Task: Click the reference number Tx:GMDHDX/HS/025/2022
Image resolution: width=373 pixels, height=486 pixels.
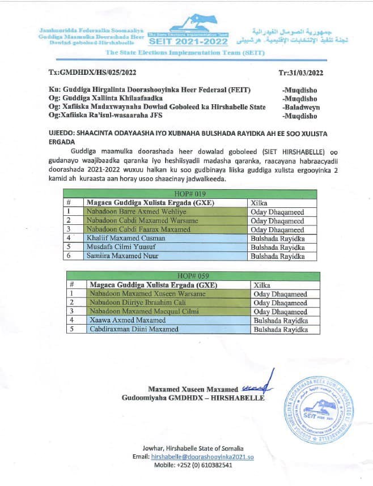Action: click(93, 73)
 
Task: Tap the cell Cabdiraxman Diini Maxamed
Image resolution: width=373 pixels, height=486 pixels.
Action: click(132, 329)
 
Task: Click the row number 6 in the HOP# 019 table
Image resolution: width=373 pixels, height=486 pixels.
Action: click(69, 256)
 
